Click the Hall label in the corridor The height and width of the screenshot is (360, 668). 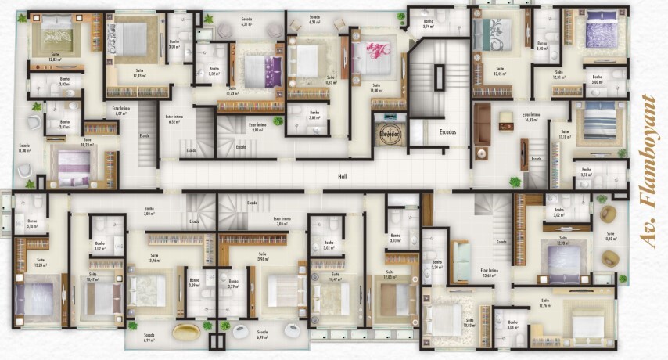[x=342, y=177]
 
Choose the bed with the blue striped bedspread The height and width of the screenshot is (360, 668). [x=600, y=122]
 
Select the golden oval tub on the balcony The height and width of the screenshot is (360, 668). [x=186, y=331]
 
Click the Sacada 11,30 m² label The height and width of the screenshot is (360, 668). [x=24, y=147]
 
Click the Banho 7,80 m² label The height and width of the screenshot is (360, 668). [x=148, y=212]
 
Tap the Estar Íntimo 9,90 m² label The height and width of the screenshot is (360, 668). [x=257, y=128]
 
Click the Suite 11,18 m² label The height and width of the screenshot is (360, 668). [x=564, y=135]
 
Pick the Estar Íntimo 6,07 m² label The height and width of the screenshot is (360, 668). [x=120, y=112]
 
